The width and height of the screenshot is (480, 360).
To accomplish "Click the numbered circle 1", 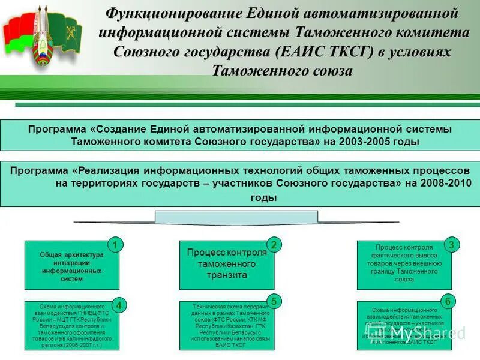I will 114,245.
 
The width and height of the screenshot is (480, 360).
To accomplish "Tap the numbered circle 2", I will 273,245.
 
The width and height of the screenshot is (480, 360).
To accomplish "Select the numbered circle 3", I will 451,244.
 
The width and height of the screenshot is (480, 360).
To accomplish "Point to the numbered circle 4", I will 119,305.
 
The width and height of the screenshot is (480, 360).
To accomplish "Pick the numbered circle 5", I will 273,301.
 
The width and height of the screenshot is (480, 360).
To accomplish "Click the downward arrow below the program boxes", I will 239,217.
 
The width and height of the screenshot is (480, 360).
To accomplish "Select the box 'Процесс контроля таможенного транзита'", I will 226,265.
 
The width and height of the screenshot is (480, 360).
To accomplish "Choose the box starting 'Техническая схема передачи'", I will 226,325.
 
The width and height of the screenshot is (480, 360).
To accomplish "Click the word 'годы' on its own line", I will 263,197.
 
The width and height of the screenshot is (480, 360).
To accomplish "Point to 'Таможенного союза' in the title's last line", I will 282,71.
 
